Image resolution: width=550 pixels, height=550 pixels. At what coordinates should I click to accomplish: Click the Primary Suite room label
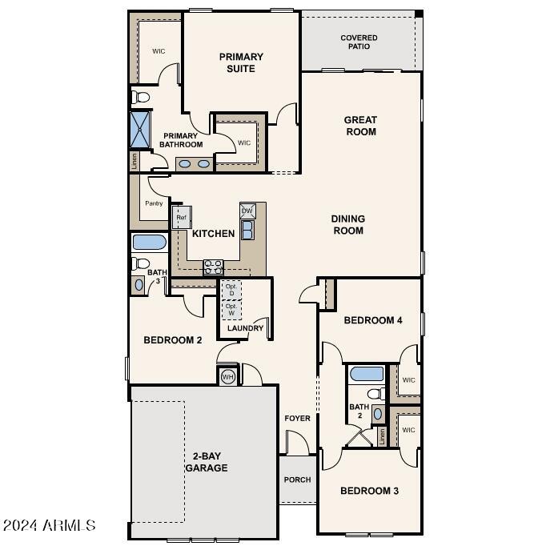pyautogui.click(x=241, y=62)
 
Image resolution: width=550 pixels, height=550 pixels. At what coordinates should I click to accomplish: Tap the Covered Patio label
pyautogui.click(x=359, y=42)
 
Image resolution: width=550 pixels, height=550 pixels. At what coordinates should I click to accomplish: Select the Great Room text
pyautogui.click(x=360, y=126)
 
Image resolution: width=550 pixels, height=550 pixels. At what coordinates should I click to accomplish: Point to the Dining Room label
pyautogui.click(x=348, y=224)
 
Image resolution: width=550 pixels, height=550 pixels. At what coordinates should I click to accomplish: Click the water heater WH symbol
pyautogui.click(x=227, y=376)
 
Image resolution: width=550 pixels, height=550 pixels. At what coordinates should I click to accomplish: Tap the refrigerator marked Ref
pyautogui.click(x=181, y=218)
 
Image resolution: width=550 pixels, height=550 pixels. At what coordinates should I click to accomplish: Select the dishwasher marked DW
pyautogui.click(x=247, y=211)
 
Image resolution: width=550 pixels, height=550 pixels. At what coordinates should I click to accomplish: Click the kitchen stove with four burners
pyautogui.click(x=213, y=266)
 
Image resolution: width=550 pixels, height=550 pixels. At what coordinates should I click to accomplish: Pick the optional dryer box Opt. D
pyautogui.click(x=231, y=290)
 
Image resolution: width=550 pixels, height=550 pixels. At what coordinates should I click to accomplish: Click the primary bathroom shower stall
pyautogui.click(x=141, y=128)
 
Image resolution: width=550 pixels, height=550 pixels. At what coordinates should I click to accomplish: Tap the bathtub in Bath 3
pyautogui.click(x=148, y=243)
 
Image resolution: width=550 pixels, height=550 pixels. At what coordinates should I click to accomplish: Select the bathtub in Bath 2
pyautogui.click(x=367, y=374)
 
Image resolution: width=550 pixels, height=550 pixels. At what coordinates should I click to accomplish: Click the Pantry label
pyautogui.click(x=154, y=203)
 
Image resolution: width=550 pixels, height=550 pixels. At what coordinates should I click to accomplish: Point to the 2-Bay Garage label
pyautogui.click(x=207, y=462)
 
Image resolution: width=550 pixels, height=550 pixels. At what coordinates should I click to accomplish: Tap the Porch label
pyautogui.click(x=297, y=480)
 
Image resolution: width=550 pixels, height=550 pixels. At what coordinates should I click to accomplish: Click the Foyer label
pyautogui.click(x=297, y=419)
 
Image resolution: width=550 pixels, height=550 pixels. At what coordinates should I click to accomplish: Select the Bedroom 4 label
pyautogui.click(x=372, y=320)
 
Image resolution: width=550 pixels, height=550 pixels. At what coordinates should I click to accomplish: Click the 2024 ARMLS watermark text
pyautogui.click(x=50, y=526)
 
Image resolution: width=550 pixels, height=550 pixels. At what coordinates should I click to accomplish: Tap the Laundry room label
pyautogui.click(x=245, y=328)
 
